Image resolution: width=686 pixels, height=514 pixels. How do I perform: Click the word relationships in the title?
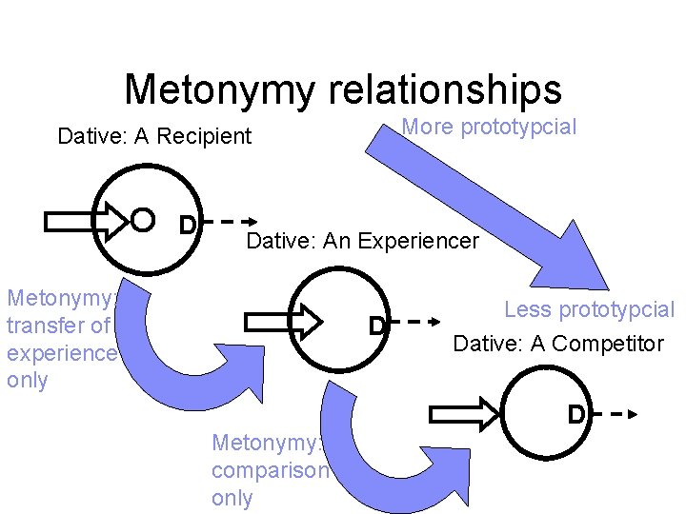[446, 89]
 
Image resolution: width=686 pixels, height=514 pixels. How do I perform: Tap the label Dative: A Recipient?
[154, 136]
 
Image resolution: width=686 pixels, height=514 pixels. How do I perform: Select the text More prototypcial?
[489, 127]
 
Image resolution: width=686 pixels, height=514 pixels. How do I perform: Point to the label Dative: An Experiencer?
[362, 241]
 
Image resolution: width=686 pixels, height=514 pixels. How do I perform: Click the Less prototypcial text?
[588, 309]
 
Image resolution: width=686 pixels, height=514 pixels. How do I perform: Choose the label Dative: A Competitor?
[558, 344]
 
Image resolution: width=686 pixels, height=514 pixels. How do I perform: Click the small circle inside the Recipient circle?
[142, 221]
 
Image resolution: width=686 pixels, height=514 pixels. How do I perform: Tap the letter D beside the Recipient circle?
[189, 225]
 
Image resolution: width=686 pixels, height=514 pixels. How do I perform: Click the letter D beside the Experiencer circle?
[377, 326]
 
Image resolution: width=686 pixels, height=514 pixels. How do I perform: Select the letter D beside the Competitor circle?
[575, 415]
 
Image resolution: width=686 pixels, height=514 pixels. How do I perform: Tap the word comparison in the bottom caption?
[270, 471]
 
